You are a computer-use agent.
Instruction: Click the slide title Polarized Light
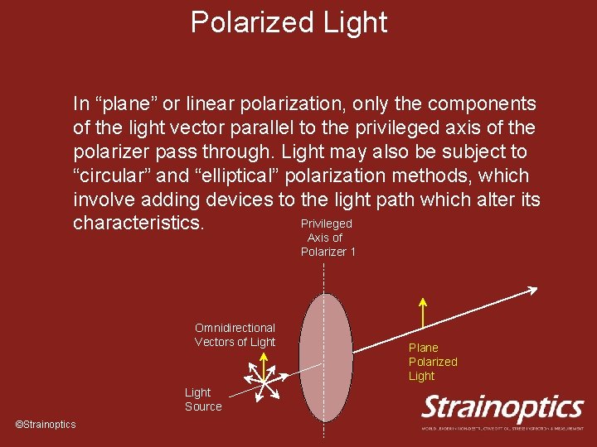289,22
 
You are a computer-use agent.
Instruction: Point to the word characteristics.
138,224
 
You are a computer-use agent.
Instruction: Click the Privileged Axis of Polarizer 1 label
327,238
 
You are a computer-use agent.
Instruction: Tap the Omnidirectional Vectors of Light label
235,335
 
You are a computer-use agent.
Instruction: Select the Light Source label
203,399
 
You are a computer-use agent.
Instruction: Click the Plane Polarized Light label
432,362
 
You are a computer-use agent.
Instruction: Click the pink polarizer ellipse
325,358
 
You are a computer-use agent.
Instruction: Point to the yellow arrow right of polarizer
423,314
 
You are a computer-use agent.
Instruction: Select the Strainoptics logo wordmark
502,407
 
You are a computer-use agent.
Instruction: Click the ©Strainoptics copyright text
46,425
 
